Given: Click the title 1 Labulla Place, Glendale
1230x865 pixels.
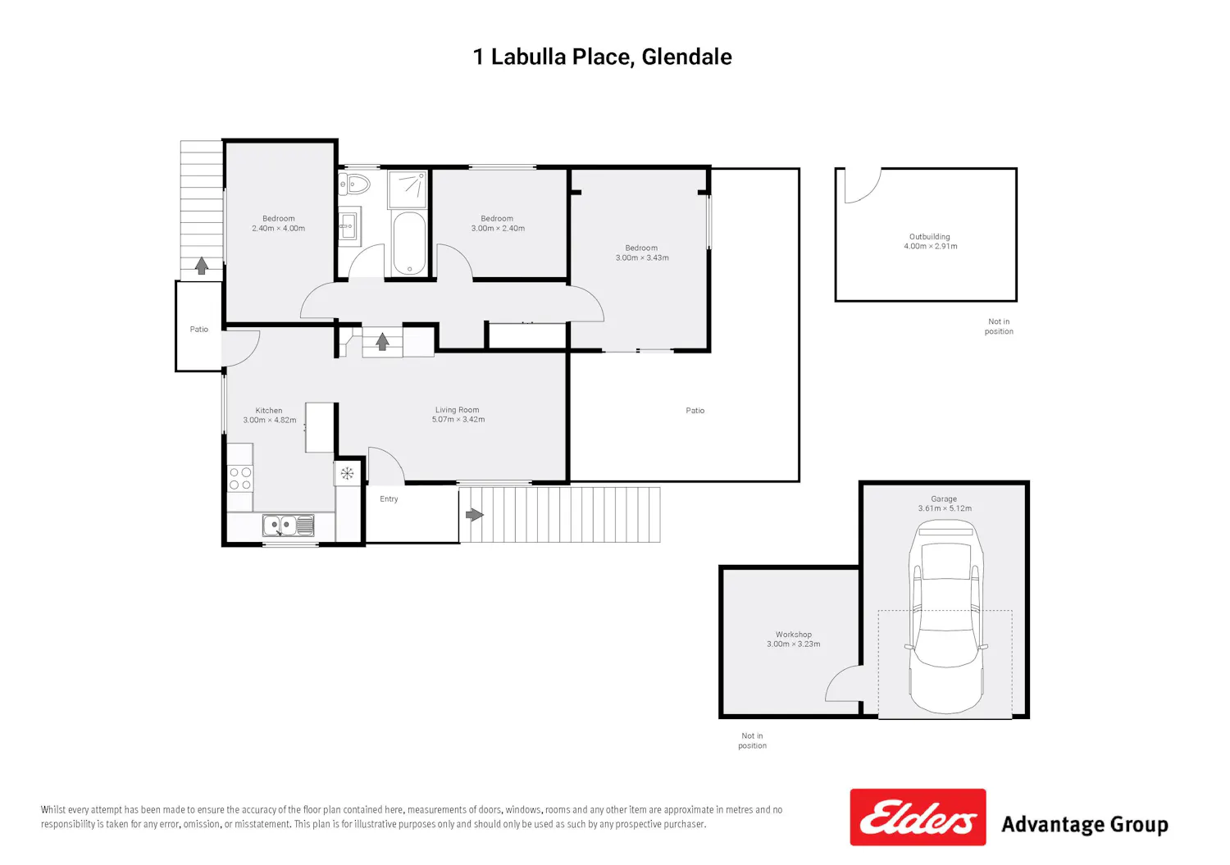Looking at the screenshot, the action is (x=603, y=57).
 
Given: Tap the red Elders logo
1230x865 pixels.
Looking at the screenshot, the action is (x=918, y=817).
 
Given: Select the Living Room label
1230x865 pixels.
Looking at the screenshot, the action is (x=457, y=410).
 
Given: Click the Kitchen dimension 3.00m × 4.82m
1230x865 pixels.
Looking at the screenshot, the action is (x=270, y=420).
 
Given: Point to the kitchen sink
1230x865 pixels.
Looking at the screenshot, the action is (x=289, y=525).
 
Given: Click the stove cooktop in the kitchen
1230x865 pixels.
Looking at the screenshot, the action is (x=240, y=478).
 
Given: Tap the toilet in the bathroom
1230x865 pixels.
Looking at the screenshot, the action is (x=354, y=184).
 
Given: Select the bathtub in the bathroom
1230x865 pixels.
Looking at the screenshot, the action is (x=410, y=244).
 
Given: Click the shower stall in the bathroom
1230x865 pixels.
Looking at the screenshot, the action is (x=408, y=189).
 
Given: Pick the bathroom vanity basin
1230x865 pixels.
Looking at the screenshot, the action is (x=348, y=225).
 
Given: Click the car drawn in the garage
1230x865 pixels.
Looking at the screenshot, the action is (x=945, y=618).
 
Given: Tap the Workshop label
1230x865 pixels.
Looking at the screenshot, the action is (x=794, y=635).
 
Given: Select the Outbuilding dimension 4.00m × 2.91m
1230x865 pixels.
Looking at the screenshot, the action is (x=930, y=246).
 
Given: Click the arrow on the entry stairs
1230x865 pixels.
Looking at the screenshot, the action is (x=475, y=515).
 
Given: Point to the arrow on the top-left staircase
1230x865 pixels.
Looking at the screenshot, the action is (x=202, y=266).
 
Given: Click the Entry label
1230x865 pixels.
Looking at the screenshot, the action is (x=389, y=499).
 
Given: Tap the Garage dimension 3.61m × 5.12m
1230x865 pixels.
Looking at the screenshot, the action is (x=945, y=508).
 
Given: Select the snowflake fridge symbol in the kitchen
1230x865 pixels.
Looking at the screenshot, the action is (x=347, y=473).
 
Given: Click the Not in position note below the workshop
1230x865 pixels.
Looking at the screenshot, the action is (x=752, y=740).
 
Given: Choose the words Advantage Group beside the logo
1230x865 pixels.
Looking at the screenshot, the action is (x=1085, y=825).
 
